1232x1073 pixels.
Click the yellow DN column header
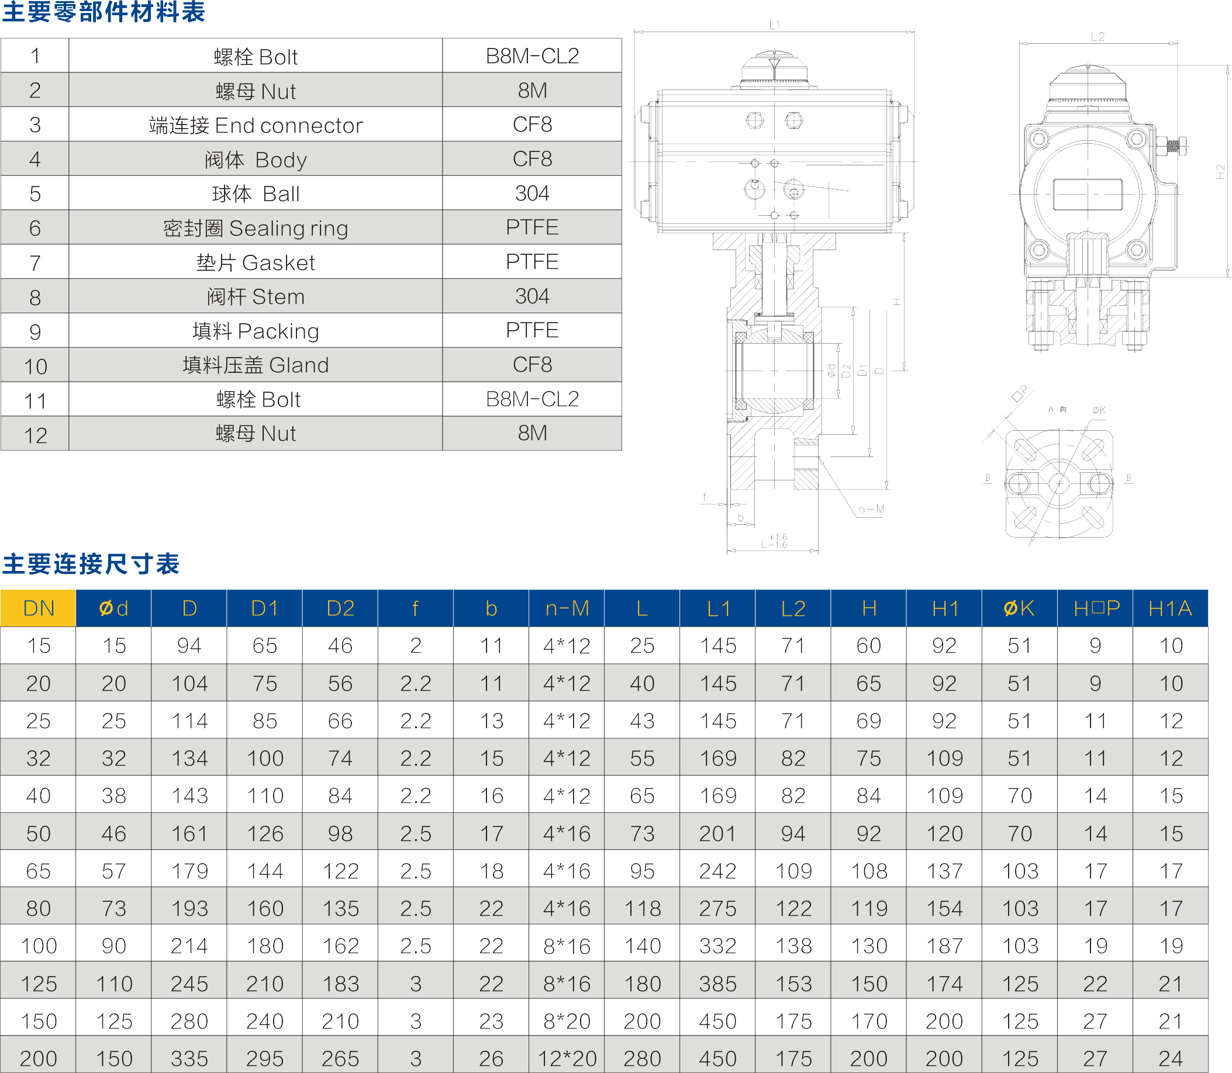[39, 608]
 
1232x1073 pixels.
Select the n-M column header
[567, 608]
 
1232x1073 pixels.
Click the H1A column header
[1169, 608]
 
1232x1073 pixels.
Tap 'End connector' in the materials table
[256, 125]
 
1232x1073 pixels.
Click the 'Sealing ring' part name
[256, 228]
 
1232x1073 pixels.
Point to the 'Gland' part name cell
[256, 365]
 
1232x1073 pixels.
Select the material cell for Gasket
[532, 262]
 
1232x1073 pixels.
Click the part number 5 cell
[34, 193]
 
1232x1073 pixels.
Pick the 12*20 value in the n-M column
[567, 1058]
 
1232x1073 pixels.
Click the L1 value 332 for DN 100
[717, 946]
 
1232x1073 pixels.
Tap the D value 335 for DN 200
[189, 1058]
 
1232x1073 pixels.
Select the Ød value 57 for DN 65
[114, 871]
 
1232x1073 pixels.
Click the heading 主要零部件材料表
[103, 12]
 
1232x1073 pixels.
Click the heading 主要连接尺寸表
[91, 564]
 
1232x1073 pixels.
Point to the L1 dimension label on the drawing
[774, 25]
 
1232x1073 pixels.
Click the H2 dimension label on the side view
[1220, 172]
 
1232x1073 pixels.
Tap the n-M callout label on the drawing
[871, 509]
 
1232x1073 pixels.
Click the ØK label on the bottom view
[1099, 410]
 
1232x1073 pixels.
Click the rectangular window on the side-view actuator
[1087, 195]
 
